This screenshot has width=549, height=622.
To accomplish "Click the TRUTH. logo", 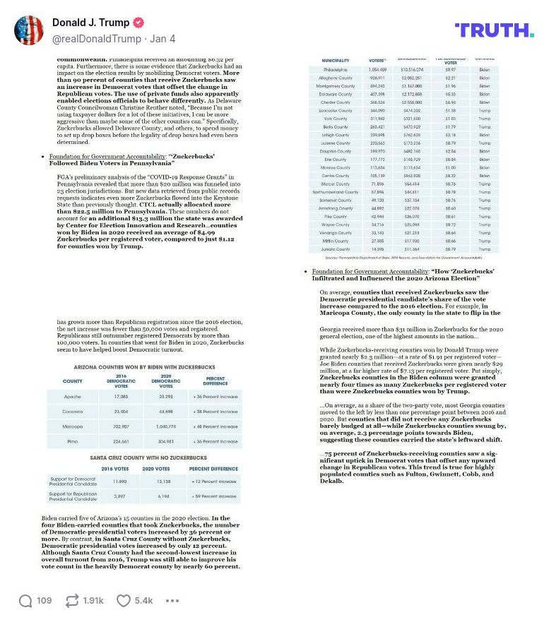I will [494, 30].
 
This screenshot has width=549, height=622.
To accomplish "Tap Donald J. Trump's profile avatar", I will [29, 30].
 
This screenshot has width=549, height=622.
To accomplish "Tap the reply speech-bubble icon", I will [25, 601].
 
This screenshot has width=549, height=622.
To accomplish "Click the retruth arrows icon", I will [71, 601].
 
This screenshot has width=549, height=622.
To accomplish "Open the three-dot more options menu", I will [172, 601].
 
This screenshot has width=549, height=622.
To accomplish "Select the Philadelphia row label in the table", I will [335, 71].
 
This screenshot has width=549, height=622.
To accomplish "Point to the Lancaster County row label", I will [335, 110].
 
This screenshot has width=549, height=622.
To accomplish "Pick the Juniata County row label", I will [335, 249].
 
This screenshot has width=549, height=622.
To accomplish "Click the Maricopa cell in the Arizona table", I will [73, 426].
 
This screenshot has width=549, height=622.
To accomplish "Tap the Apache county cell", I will [73, 397].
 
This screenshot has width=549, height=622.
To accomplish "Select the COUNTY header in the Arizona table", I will [73, 381].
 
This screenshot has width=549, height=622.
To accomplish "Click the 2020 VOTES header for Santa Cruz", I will [156, 468].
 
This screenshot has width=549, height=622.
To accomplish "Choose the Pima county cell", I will [73, 441].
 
